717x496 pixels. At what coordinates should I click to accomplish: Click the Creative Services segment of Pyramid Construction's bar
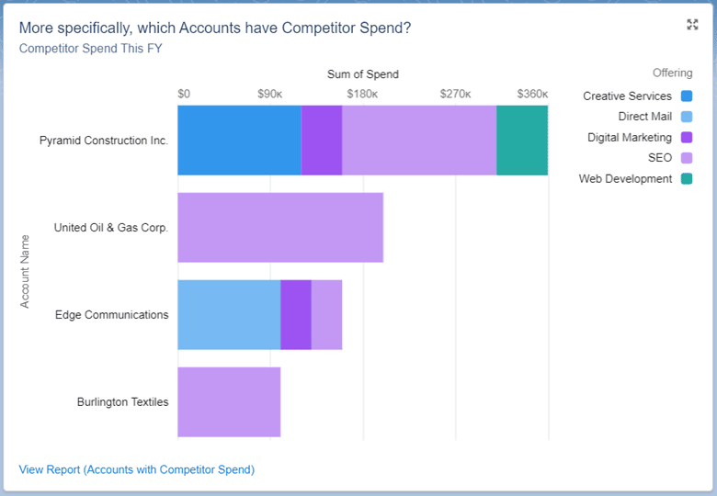coord(239,141)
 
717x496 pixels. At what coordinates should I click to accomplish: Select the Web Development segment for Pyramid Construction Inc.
coord(522,141)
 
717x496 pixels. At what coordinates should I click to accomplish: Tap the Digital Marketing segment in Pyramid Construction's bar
coord(322,141)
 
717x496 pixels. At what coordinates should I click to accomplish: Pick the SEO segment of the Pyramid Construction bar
coord(419,141)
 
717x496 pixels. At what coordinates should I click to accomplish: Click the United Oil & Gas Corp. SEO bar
coord(280,228)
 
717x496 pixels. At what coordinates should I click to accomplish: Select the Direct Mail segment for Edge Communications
coord(229,315)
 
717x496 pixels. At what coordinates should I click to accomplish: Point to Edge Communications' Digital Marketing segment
coord(296,315)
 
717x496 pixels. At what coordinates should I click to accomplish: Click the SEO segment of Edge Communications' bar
coord(326,315)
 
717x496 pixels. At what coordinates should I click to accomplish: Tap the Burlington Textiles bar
coord(229,402)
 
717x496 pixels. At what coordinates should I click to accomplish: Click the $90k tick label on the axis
coord(269,94)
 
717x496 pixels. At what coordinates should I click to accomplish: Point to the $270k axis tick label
coord(455,94)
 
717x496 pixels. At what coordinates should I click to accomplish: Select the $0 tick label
coord(184,94)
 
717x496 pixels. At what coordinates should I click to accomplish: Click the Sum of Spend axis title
coord(363,74)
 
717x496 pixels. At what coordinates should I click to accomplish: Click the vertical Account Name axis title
coord(26,271)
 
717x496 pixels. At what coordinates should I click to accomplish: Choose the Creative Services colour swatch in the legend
coord(687,96)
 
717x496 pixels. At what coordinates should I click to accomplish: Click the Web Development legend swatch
coord(687,179)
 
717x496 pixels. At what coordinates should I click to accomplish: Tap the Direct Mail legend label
coord(644,117)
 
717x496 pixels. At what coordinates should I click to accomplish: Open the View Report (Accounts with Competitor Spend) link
coord(137,469)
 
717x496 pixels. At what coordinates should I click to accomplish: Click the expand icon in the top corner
coord(692,25)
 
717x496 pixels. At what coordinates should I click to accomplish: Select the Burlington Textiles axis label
coord(122,402)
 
